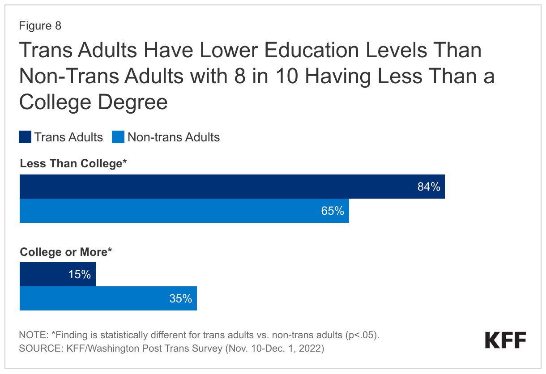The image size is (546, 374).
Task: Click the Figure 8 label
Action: point(40,26)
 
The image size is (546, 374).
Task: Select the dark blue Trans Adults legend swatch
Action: point(25,137)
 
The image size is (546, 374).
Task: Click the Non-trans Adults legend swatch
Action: point(118,137)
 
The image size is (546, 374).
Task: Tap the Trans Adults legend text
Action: point(68,137)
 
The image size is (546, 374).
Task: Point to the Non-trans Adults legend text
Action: point(174,137)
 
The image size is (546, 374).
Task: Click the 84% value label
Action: point(429,187)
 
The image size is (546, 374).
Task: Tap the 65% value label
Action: point(333,211)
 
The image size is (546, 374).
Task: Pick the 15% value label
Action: point(80,275)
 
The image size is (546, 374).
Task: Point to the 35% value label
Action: point(180,298)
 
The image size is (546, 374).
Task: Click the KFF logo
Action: point(505,341)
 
